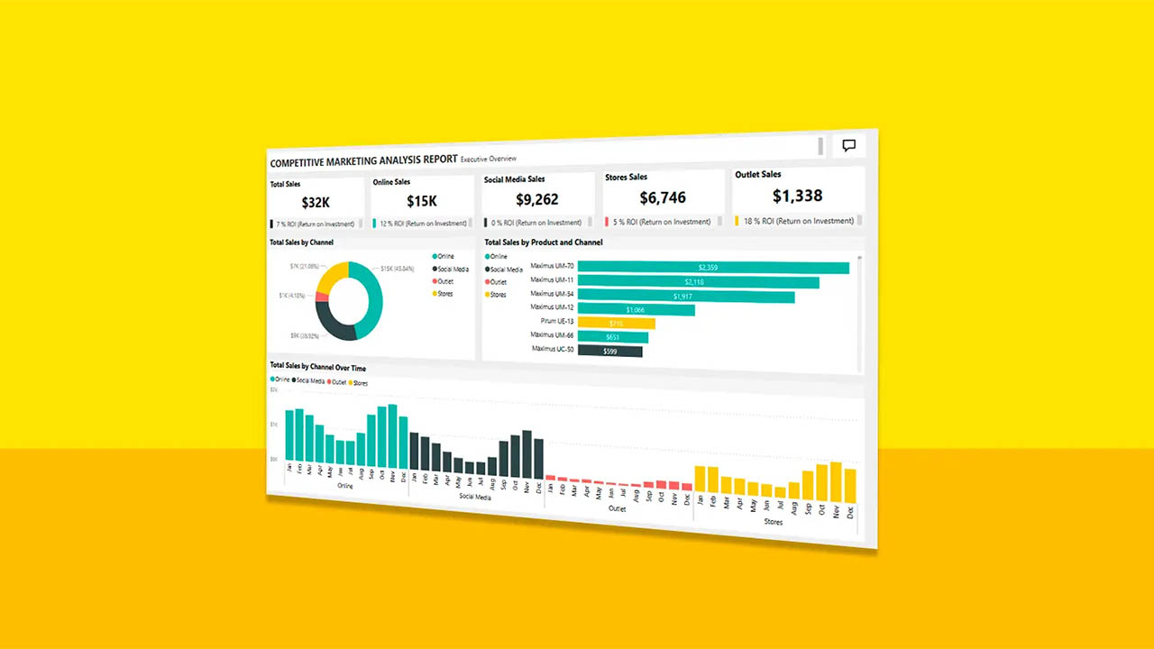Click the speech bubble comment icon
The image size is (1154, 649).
click(x=848, y=145)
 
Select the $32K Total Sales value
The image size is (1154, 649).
click(x=316, y=203)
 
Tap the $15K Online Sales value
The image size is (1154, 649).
click(x=422, y=202)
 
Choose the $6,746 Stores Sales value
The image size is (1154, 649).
click(x=663, y=197)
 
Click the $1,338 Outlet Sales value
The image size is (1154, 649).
click(x=797, y=196)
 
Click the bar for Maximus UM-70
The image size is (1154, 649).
click(x=712, y=268)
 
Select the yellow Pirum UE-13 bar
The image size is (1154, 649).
click(x=616, y=323)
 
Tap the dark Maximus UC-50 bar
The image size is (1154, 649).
click(x=609, y=351)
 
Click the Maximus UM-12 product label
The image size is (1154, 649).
click(x=552, y=307)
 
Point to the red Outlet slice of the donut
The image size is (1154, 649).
click(x=321, y=297)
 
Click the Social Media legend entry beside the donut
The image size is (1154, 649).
click(x=453, y=269)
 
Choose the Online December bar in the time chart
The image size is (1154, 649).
click(x=403, y=443)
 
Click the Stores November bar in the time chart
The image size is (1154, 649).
click(x=835, y=482)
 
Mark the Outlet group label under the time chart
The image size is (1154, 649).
click(x=617, y=508)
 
